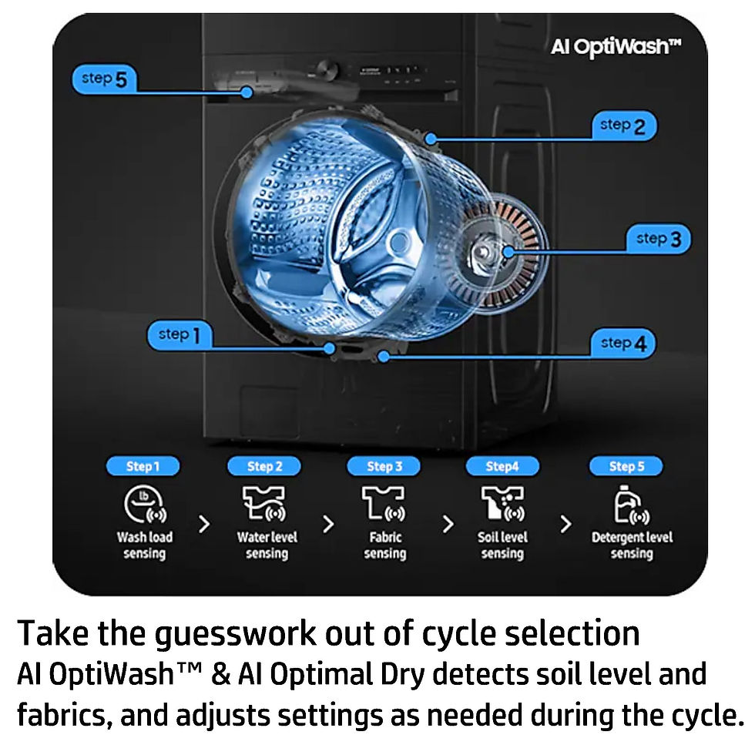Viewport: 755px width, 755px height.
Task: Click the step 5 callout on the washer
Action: pos(104,79)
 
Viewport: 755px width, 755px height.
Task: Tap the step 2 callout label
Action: pos(623,126)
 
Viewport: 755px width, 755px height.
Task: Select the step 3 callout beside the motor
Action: pos(659,239)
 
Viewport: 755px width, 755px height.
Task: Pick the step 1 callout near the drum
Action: pos(179,335)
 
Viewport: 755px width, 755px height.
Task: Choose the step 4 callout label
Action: pos(623,344)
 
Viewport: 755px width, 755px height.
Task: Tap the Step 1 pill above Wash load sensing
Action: pos(143,466)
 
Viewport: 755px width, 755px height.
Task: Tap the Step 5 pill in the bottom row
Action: pos(626,466)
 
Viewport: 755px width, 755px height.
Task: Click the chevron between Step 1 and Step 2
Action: pos(204,525)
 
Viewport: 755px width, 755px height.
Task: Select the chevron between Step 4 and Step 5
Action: pos(566,525)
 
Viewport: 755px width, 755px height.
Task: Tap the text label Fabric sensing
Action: pos(384,545)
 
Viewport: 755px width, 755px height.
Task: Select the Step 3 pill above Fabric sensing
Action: pos(384,466)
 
